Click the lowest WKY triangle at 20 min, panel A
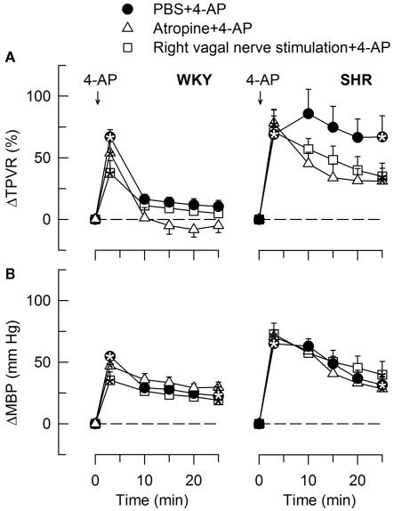pos(194,230)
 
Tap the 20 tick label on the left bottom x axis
pos(194,477)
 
